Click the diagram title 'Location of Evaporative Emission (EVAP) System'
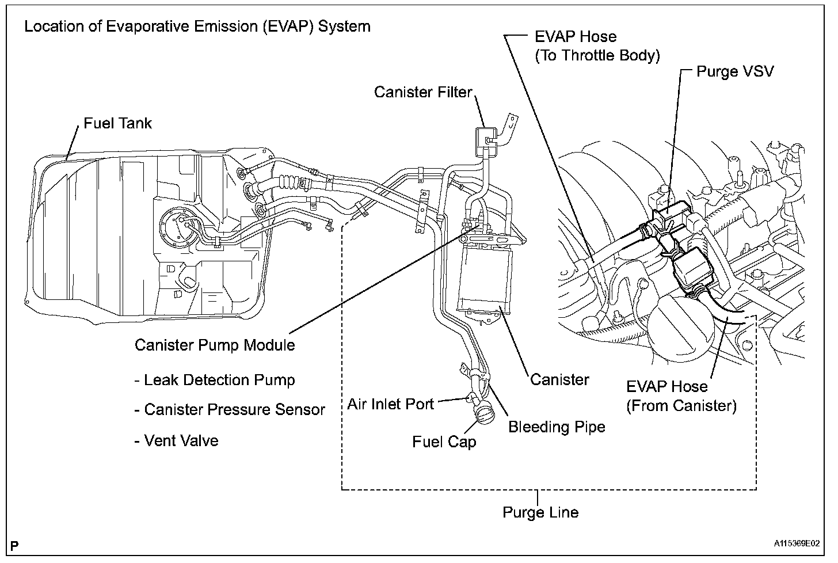[x=197, y=26]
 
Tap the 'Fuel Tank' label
[x=117, y=123]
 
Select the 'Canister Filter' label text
[x=422, y=92]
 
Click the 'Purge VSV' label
[x=735, y=71]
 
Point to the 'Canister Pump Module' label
[x=215, y=345]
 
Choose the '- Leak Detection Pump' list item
[x=214, y=380]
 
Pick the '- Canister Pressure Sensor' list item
[x=229, y=410]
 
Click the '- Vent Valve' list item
[x=176, y=441]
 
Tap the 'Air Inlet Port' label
[x=390, y=404]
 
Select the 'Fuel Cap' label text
[x=444, y=442]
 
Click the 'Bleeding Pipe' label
[x=557, y=427]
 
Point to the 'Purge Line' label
[x=540, y=512]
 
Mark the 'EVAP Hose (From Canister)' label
[x=681, y=396]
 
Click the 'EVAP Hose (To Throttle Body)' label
[x=597, y=46]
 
